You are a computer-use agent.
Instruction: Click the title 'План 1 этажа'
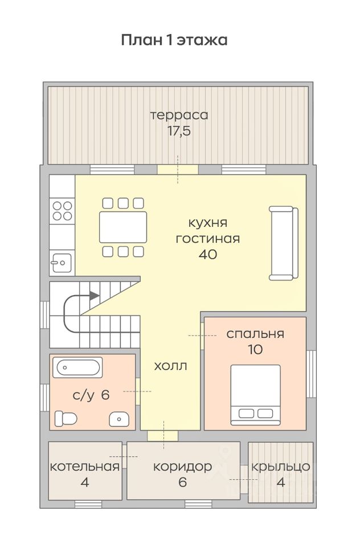click(x=174, y=40)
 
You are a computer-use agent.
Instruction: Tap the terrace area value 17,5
click(x=179, y=131)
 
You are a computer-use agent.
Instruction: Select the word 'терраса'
click(x=179, y=115)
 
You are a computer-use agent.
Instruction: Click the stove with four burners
click(x=63, y=211)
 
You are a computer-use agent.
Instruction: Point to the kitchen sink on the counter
click(x=62, y=263)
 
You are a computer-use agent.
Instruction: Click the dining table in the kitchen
click(x=123, y=227)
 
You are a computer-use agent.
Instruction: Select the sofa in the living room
click(x=283, y=243)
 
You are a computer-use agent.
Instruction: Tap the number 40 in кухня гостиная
click(x=208, y=254)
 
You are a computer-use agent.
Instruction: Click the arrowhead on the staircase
click(x=94, y=296)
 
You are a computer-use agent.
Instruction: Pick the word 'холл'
click(x=170, y=366)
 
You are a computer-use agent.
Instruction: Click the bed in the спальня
click(x=256, y=395)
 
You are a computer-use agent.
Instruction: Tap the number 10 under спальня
click(x=255, y=349)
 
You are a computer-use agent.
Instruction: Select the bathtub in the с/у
click(x=77, y=367)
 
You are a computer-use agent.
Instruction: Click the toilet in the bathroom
click(x=66, y=418)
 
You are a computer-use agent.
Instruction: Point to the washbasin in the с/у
click(x=119, y=419)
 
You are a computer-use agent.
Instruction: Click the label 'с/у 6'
click(x=91, y=395)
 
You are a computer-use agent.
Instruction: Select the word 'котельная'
click(x=85, y=467)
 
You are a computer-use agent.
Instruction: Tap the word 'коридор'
click(x=182, y=467)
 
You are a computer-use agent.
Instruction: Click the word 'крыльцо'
click(x=281, y=467)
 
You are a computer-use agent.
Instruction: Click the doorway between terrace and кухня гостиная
click(x=178, y=170)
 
